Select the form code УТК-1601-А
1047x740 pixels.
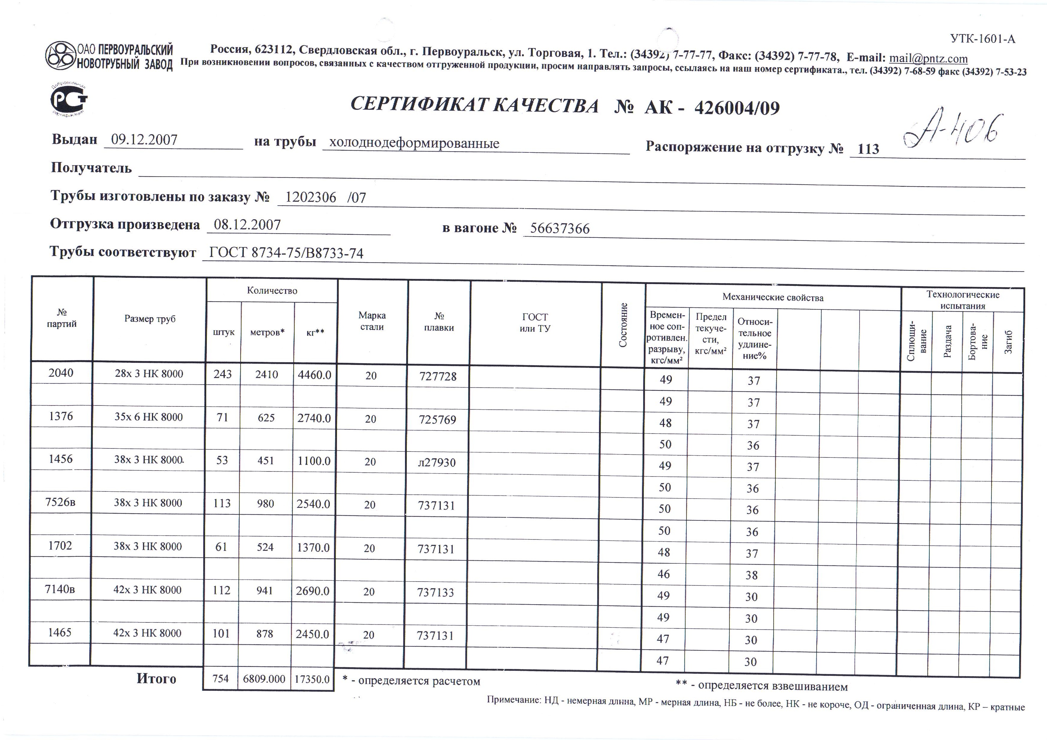pyautogui.click(x=983, y=39)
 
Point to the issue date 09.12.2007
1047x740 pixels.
pyautogui.click(x=144, y=140)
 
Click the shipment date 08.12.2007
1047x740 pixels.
pyautogui.click(x=247, y=225)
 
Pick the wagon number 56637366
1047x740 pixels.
pyautogui.click(x=560, y=229)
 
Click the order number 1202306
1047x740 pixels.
pyautogui.click(x=310, y=198)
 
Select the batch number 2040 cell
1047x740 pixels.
pyautogui.click(x=61, y=373)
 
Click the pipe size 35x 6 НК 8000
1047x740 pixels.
pyautogui.click(x=148, y=417)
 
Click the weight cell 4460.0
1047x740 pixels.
pyautogui.click(x=314, y=375)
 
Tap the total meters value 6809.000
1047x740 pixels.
pyautogui.click(x=264, y=679)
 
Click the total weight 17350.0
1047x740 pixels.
pyautogui.click(x=312, y=679)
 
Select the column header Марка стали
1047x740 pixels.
pyautogui.click(x=372, y=321)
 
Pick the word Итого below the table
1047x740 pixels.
pyautogui.click(x=156, y=679)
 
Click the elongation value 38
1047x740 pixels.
pyautogui.click(x=752, y=575)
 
